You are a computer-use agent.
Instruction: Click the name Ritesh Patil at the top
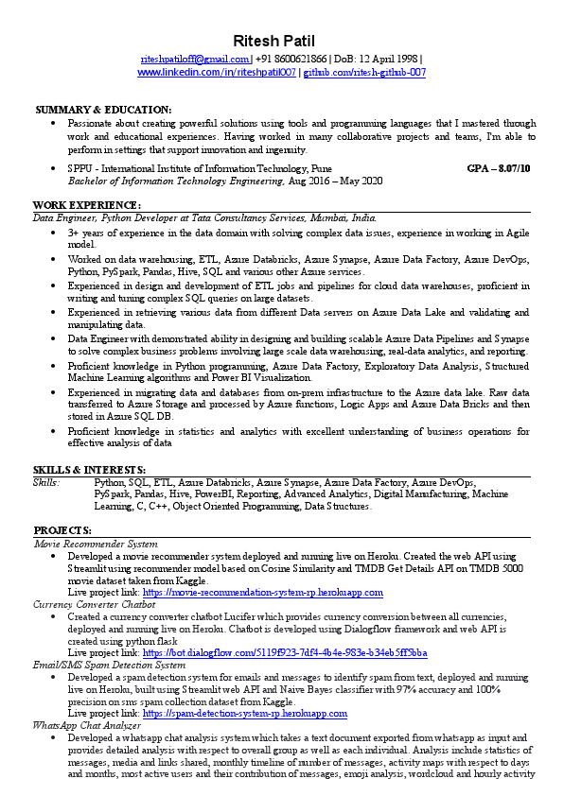281,41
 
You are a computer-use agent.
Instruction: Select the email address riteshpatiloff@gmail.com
195,59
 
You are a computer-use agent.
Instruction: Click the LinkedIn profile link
217,72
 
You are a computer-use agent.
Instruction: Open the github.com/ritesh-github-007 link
364,72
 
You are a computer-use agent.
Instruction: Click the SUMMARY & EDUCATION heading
103,110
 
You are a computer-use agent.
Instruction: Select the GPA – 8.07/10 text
499,168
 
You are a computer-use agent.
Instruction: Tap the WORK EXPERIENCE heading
87,205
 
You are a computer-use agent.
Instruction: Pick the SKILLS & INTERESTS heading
89,470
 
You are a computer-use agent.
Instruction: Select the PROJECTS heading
62,531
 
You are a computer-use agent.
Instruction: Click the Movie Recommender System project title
96,545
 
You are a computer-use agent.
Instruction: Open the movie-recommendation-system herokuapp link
263,593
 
